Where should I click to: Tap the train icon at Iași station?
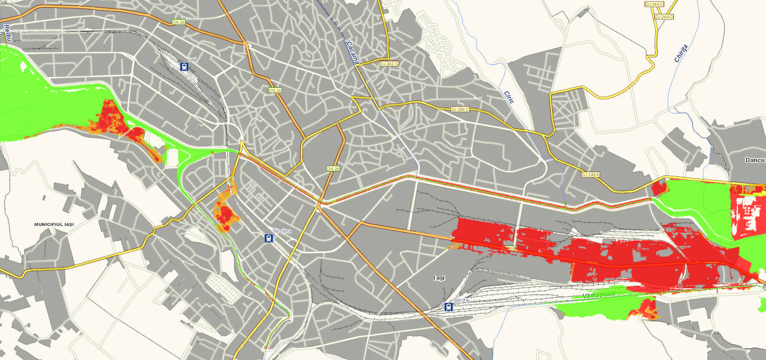click(184, 67)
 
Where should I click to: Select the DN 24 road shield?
click(274, 90)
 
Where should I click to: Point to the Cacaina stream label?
click(352, 52)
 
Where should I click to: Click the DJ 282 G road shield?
click(389, 63)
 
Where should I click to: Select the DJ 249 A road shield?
click(591, 175)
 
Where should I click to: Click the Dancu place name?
click(754, 159)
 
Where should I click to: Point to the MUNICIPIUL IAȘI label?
click(54, 224)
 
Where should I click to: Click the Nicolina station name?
click(282, 231)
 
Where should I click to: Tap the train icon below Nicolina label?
click(269, 239)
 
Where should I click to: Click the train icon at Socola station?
click(448, 307)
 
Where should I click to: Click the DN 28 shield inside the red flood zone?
click(508, 248)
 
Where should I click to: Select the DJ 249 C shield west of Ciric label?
click(460, 109)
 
